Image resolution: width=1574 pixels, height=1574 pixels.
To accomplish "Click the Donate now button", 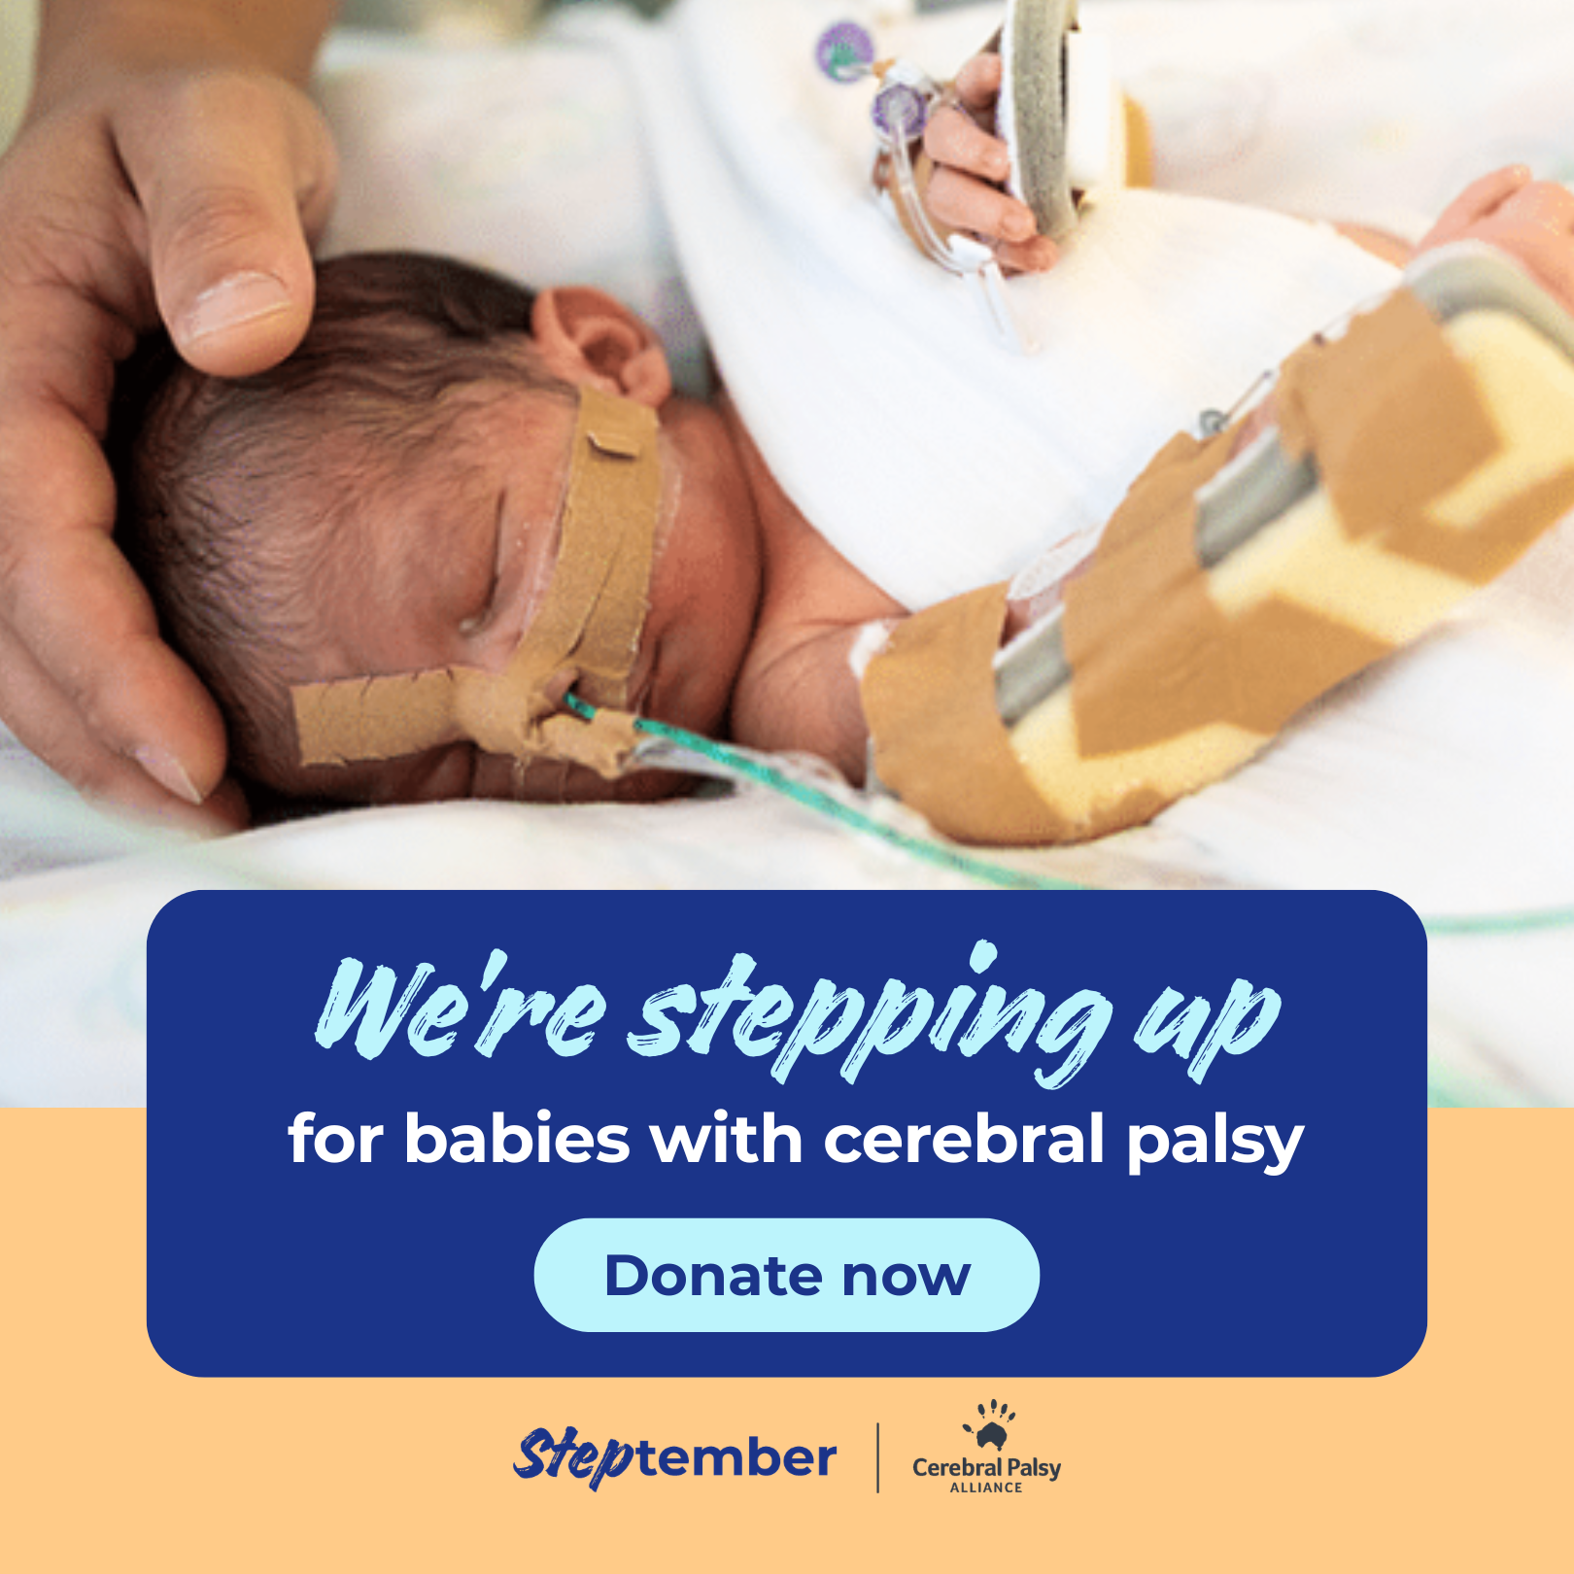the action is tap(786, 1275).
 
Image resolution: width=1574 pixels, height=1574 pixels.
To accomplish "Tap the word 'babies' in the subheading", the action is tap(517, 1139).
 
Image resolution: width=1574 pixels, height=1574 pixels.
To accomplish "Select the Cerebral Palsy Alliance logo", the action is tap(986, 1448).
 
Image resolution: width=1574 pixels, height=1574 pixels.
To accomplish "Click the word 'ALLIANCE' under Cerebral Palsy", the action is tap(986, 1488).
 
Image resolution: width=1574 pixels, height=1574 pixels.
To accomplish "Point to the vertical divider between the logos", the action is tap(878, 1457).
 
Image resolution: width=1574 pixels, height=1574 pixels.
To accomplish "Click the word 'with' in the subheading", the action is tap(727, 1139).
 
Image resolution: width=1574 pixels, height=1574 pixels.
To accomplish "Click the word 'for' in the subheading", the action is tap(335, 1139).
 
